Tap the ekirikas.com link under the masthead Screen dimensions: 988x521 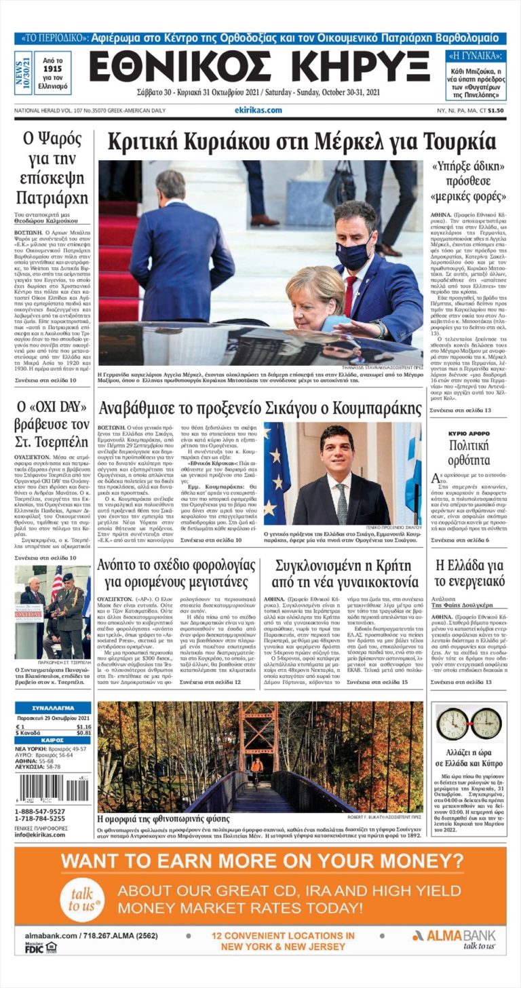(x=258, y=111)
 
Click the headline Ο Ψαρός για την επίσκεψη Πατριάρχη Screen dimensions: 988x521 (x=51, y=168)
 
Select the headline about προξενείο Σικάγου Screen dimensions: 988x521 (x=260, y=409)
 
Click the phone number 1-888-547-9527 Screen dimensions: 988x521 (x=41, y=812)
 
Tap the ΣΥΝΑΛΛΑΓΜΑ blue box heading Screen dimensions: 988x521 (x=53, y=708)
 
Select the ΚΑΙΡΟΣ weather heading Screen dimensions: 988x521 (x=53, y=740)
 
